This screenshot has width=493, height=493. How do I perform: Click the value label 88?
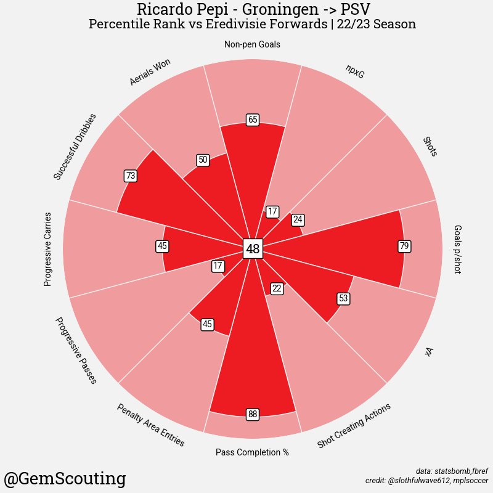click(x=252, y=414)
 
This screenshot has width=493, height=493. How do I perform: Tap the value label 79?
click(x=404, y=246)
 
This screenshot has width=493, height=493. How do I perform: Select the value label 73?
click(x=130, y=176)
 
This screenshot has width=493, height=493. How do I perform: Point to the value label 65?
click(x=252, y=120)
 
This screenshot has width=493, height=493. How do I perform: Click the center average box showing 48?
click(x=253, y=249)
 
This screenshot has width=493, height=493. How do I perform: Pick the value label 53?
click(x=344, y=299)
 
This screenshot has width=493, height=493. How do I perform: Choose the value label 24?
click(x=298, y=219)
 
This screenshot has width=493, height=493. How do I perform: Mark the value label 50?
click(x=203, y=160)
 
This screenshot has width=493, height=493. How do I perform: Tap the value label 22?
click(x=277, y=288)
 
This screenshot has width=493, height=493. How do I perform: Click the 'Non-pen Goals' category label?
click(x=252, y=44)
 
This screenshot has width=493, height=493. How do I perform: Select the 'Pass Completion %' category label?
click(x=252, y=452)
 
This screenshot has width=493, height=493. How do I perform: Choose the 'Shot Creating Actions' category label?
click(x=354, y=426)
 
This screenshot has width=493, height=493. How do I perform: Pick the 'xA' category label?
click(x=430, y=351)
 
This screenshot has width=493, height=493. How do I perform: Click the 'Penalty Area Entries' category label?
click(x=150, y=425)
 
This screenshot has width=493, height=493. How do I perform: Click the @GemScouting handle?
click(x=65, y=478)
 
